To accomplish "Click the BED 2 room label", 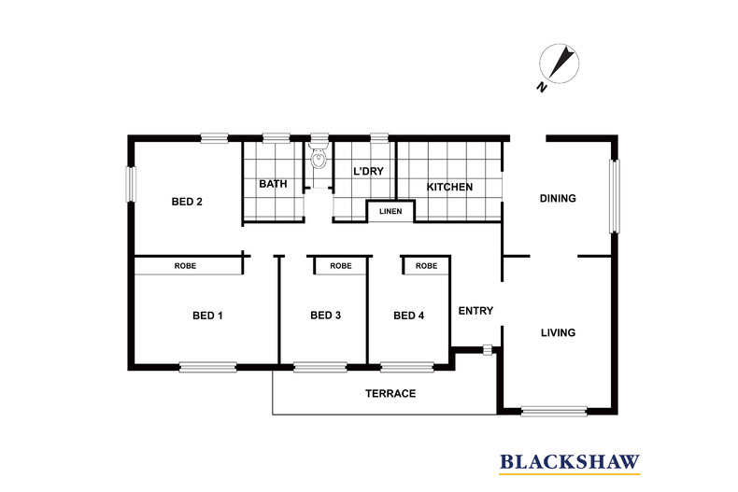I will click(x=187, y=202).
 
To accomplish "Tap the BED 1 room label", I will click(x=207, y=316).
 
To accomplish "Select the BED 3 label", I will click(x=325, y=316).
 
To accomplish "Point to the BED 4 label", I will click(x=408, y=316).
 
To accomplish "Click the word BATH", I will click(x=273, y=185).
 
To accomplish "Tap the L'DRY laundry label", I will click(x=366, y=173).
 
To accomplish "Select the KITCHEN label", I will click(x=449, y=188).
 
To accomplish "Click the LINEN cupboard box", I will click(x=390, y=212).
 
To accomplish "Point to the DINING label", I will click(x=558, y=199).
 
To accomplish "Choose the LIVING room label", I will click(x=558, y=333).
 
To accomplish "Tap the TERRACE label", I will click(x=390, y=394).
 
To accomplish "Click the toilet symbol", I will click(x=319, y=157).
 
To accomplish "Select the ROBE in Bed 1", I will click(x=185, y=266).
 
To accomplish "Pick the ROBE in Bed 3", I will click(x=341, y=266).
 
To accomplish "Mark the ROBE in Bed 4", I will click(x=426, y=266).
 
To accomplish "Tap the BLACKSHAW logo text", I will click(x=569, y=461).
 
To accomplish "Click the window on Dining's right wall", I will click(x=615, y=196).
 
